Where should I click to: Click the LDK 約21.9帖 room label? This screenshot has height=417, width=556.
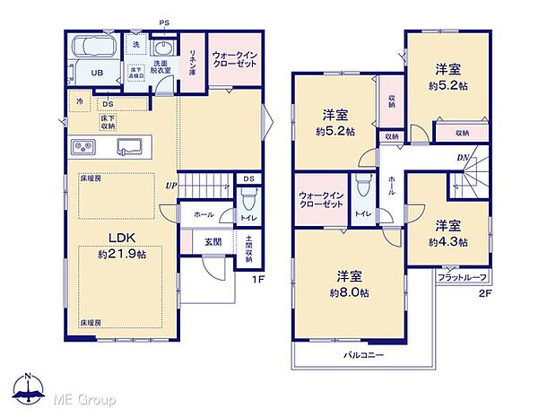(122, 244)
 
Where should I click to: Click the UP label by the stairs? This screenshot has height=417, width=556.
(169, 186)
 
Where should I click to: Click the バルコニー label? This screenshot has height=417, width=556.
(363, 356)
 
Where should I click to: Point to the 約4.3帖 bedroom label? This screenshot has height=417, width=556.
(446, 234)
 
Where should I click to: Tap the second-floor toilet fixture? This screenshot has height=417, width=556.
(362, 189)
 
